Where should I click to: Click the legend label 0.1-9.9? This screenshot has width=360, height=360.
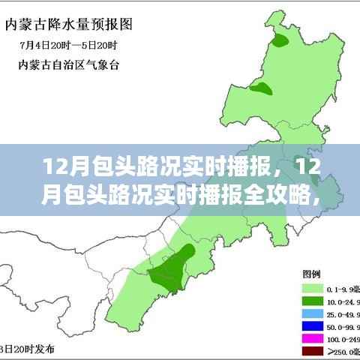click(341, 287)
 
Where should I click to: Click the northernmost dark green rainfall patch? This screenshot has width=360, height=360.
click(280, 42)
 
